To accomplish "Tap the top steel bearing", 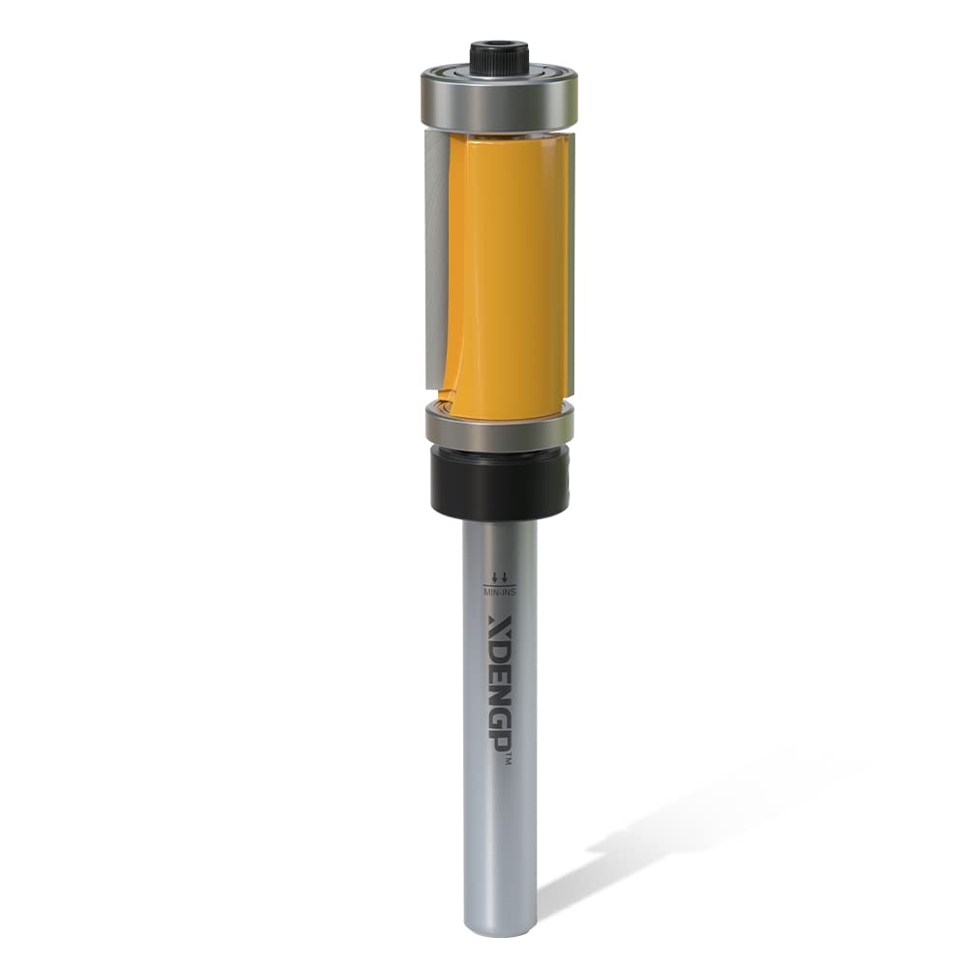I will pos(498,99).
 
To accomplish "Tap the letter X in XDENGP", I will pos(500,620).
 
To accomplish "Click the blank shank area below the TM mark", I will pos(500,841).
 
